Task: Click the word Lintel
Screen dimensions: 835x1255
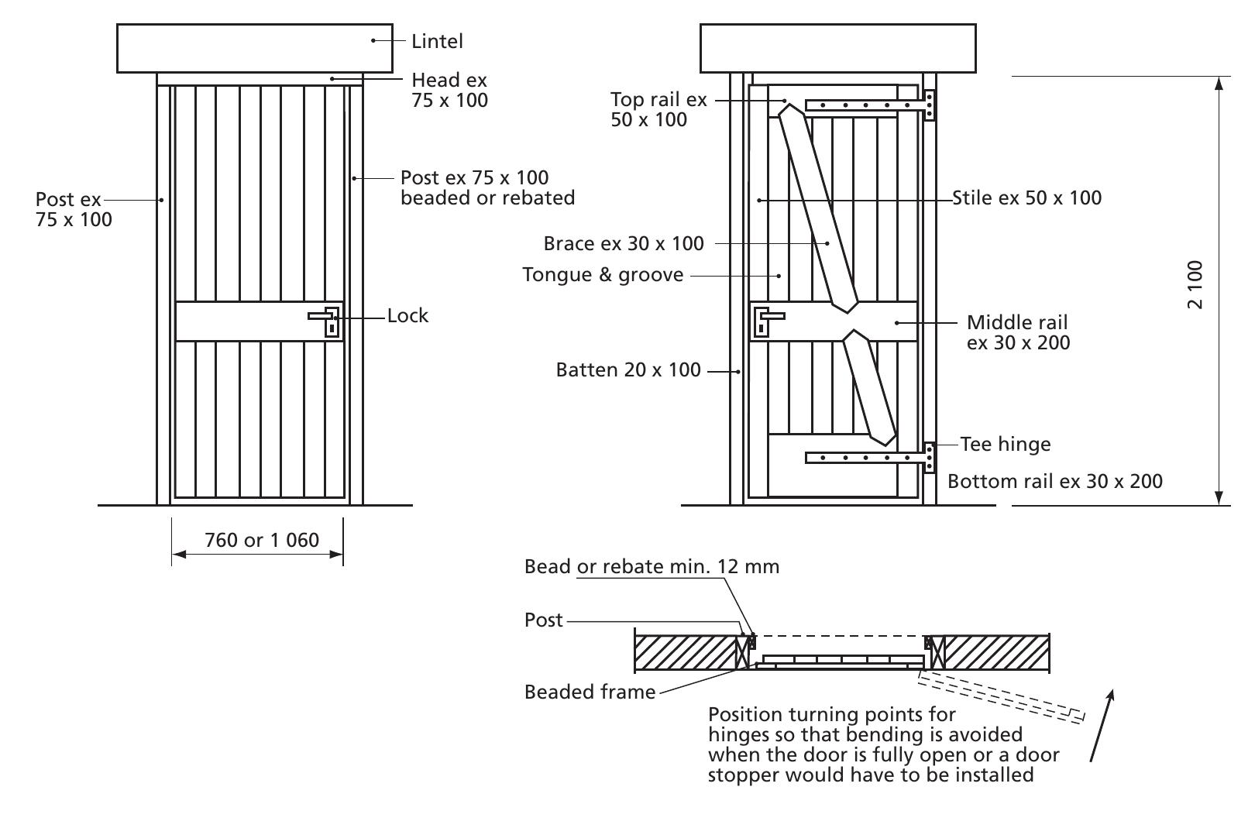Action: pos(437,41)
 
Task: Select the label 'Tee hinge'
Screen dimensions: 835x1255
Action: pos(1006,444)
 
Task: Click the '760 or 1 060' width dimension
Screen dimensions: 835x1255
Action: pos(261,540)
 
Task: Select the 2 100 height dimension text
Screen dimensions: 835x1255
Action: pos(1195,284)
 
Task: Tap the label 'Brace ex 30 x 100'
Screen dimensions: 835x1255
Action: pos(624,243)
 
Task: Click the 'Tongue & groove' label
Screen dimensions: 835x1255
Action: pos(603,275)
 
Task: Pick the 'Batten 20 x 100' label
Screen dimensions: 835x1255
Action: pos(628,370)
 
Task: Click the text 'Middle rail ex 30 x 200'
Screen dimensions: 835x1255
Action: pos(1018,332)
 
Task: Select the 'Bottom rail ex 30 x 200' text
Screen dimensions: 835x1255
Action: pos(1054,481)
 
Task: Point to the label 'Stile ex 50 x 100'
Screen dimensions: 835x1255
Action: pos(1026,198)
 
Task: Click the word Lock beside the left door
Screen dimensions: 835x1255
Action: pos(407,315)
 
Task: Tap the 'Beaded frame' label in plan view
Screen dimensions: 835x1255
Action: pos(590,692)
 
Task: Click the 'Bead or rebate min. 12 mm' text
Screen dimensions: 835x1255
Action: pos(652,566)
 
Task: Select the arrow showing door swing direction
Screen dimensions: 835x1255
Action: pos(1102,726)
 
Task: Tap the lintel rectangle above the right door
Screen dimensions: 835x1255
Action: pos(837,48)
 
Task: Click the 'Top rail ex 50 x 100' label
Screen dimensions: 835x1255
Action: pos(658,109)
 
